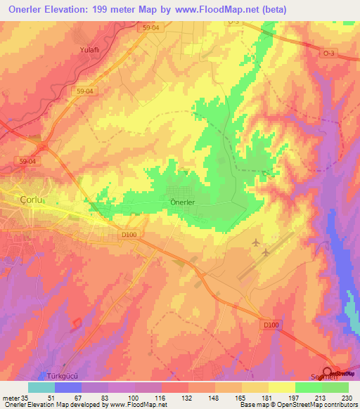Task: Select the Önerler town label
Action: pos(182,202)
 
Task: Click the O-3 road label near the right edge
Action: pos(328,53)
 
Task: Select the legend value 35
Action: pos(25,397)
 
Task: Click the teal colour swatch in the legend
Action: pos(41,387)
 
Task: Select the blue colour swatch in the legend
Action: pos(68,387)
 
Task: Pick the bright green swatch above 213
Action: pos(309,387)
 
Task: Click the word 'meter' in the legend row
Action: pos(10,397)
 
